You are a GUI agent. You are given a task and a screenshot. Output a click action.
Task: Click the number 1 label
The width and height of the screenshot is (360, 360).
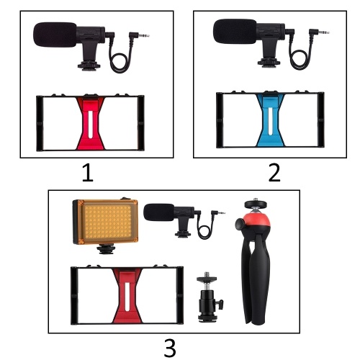click(88, 172)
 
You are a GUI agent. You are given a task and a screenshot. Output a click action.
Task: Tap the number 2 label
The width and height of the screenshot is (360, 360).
click(274, 172)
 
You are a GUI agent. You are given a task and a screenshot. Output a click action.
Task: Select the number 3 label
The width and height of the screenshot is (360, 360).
click(170, 347)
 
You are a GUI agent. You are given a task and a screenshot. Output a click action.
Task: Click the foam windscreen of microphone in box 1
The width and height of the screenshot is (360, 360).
click(55, 35)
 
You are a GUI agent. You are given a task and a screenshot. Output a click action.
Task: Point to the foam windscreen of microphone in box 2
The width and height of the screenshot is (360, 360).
click(235, 32)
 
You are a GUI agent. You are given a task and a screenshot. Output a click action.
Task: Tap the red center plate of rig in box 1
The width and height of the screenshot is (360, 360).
click(91, 123)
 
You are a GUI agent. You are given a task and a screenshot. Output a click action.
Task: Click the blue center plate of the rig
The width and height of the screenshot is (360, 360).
click(270, 120)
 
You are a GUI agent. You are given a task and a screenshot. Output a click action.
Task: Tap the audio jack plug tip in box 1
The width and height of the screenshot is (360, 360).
click(145, 36)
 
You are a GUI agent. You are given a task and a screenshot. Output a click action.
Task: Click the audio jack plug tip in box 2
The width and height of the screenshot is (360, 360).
click(325, 32)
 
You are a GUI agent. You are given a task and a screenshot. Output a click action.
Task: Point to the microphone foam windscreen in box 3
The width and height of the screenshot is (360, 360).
click(159, 212)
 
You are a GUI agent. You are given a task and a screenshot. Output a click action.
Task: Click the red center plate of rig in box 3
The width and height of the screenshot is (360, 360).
click(127, 296)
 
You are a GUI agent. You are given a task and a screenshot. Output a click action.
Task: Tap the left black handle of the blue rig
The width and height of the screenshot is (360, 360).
click(220, 120)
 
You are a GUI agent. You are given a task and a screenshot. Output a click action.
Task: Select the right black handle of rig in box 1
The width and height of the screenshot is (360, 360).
click(141, 123)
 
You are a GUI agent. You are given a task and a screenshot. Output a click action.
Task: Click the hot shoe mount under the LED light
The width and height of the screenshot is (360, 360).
click(106, 249)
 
